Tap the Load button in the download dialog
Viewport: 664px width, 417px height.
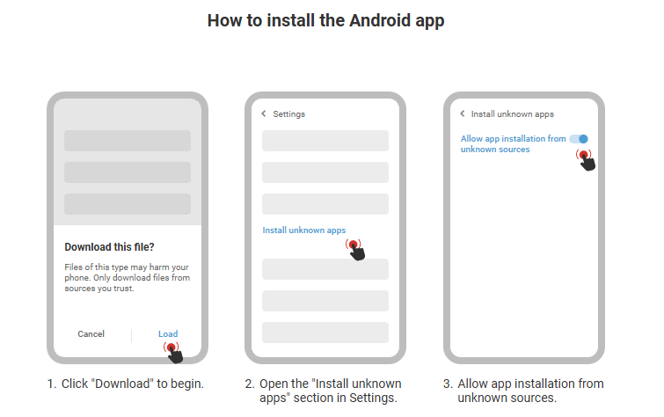(x=168, y=334)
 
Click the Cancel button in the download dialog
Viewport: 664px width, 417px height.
(x=91, y=334)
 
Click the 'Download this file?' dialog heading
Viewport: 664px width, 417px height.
(x=109, y=247)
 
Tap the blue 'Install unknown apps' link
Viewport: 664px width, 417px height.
(x=304, y=230)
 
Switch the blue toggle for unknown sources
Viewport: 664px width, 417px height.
(x=579, y=139)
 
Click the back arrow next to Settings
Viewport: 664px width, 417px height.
(x=264, y=113)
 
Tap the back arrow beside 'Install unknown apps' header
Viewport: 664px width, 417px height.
(x=462, y=113)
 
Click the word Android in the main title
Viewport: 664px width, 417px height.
(x=380, y=20)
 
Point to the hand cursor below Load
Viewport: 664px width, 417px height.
(x=173, y=353)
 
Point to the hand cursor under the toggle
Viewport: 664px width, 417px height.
(x=586, y=160)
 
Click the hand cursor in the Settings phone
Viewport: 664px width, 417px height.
(x=355, y=250)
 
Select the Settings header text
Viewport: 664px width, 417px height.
(x=288, y=114)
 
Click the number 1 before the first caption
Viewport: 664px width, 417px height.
(x=51, y=384)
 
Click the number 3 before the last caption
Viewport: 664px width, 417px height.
(x=448, y=384)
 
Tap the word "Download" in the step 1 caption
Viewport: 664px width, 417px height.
(x=122, y=384)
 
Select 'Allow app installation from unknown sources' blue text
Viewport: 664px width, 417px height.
(x=514, y=144)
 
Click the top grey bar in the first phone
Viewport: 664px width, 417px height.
(x=128, y=141)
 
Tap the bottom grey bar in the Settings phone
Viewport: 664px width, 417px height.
(x=325, y=333)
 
